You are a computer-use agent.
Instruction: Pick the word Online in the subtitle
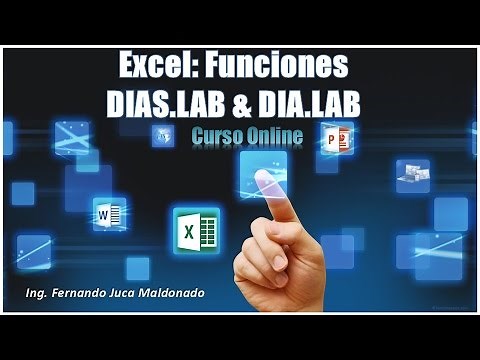(x=274, y=134)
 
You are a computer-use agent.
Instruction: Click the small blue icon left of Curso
(x=163, y=136)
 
